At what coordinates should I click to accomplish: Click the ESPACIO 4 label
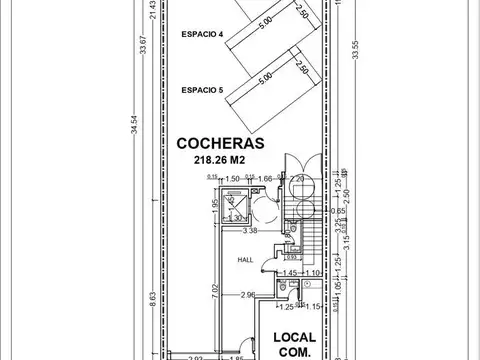tap(203, 35)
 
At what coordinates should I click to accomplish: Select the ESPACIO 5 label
tap(203, 89)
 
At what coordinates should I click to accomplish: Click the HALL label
tap(245, 259)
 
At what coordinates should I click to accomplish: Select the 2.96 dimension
tap(250, 295)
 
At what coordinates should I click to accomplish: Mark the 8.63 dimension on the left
tap(153, 299)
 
